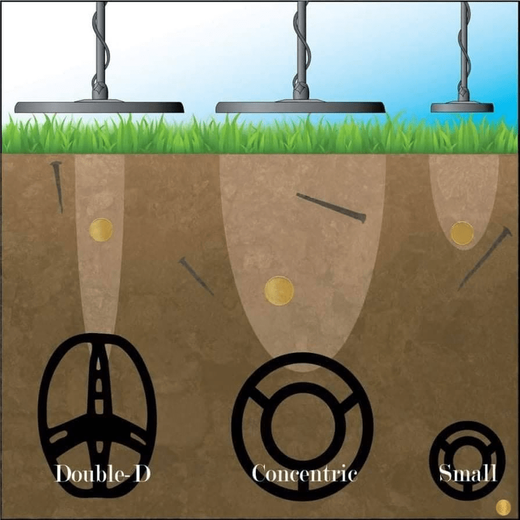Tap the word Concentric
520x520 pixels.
coord(304,473)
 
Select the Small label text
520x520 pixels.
coord(467,473)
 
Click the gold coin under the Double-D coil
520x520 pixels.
coord(101,230)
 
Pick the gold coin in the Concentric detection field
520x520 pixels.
coord(279,291)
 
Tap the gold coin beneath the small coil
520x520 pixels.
coord(462,234)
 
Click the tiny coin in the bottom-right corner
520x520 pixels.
coord(503,506)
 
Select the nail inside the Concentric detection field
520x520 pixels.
coord(331,208)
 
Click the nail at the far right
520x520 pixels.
coord(485,258)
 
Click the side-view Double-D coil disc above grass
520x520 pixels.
coord(99,107)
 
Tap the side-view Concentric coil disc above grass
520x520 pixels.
coord(300,107)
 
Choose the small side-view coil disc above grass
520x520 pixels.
coord(462,107)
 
